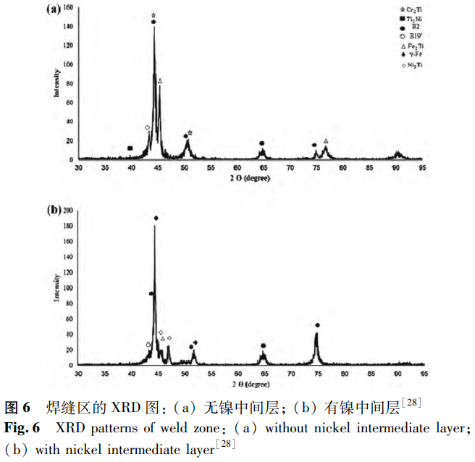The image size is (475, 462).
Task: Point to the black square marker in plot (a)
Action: [130, 148]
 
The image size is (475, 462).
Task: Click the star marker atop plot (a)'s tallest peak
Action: [154, 14]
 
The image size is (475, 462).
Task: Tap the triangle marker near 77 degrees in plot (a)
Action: [326, 140]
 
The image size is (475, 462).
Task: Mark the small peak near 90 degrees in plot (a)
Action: [398, 154]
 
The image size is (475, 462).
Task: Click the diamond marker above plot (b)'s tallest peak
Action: [156, 218]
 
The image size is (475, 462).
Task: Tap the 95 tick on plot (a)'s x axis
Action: [424, 167]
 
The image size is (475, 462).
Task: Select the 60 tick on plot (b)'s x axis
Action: [237, 374]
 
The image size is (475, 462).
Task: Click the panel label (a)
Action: [55, 9]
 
